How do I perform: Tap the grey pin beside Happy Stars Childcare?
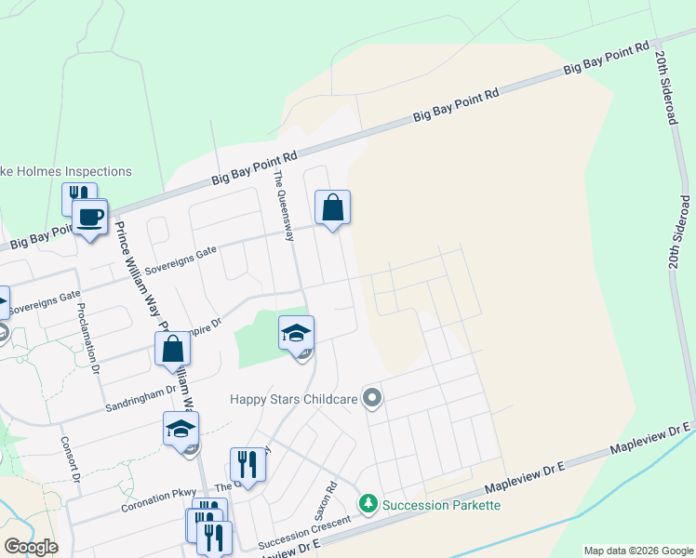[x=373, y=399]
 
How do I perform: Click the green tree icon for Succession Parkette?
[x=369, y=504]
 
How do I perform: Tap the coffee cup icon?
[x=89, y=218]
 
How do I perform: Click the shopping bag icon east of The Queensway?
[x=332, y=207]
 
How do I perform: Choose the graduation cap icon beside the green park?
[x=296, y=333]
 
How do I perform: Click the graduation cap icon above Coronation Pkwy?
[x=181, y=429]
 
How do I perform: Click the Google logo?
[x=30, y=547]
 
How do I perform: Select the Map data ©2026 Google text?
[x=637, y=551]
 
